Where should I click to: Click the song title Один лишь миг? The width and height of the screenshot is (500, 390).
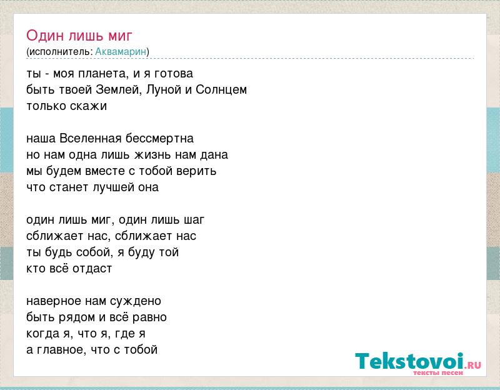(79, 36)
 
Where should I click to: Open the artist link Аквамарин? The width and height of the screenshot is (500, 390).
(121, 51)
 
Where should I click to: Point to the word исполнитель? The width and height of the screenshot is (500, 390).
(60, 52)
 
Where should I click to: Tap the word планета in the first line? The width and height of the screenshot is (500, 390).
(104, 74)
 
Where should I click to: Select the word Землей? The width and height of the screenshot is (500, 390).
(119, 90)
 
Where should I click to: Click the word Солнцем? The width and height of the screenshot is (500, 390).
(221, 90)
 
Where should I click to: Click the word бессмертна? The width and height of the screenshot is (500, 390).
(159, 138)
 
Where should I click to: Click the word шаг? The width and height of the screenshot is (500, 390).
(194, 220)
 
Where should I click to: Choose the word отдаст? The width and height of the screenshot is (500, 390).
(92, 269)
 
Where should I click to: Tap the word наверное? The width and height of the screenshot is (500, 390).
(54, 301)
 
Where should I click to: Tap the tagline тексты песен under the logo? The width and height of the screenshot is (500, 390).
(438, 372)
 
